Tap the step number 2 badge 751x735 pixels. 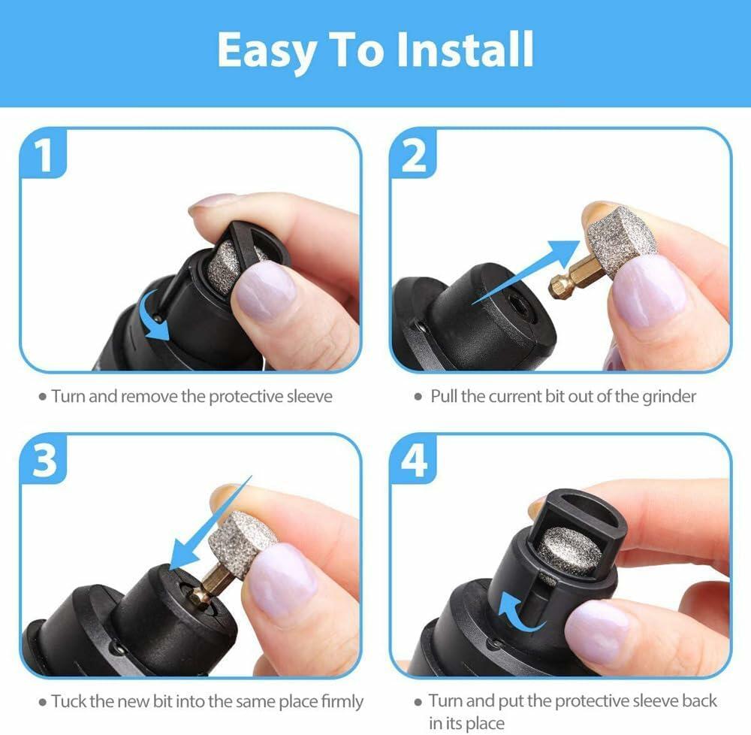click(414, 156)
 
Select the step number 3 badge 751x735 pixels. click(44, 461)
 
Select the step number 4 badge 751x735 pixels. click(414, 461)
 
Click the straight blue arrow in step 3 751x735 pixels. click(210, 526)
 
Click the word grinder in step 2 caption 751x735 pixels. click(668, 396)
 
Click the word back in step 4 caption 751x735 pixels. click(698, 701)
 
